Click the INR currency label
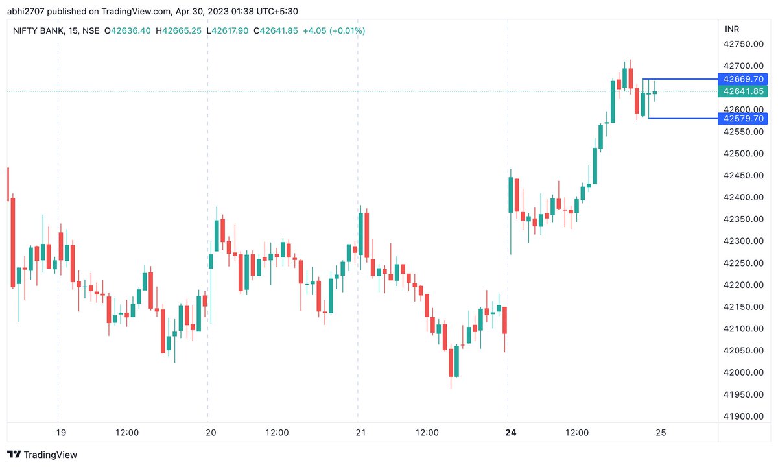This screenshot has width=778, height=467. (x=731, y=29)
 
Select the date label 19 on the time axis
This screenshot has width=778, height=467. (x=60, y=433)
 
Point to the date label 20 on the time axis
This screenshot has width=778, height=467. (x=210, y=433)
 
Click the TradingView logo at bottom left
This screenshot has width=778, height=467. (x=42, y=455)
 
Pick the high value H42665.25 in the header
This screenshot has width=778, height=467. (x=178, y=30)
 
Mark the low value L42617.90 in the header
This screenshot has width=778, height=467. (x=228, y=30)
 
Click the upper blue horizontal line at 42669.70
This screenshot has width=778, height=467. (x=681, y=79)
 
